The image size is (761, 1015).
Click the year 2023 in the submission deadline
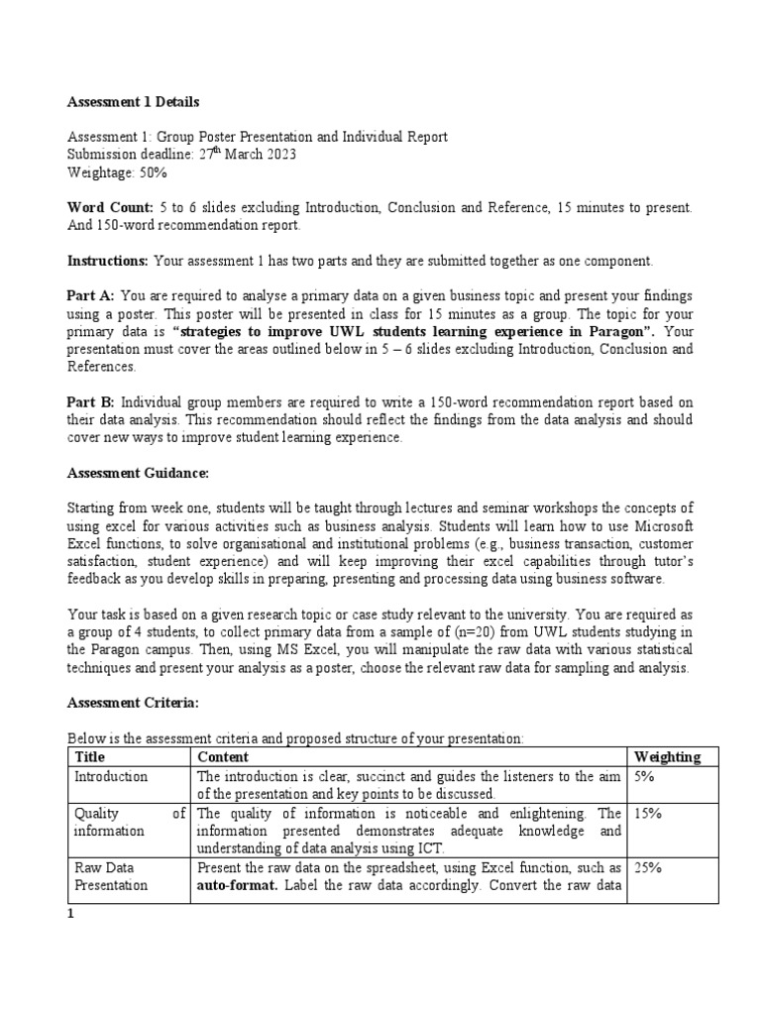click(x=277, y=155)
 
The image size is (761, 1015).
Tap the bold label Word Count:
click(x=110, y=208)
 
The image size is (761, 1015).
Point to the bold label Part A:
click(x=91, y=296)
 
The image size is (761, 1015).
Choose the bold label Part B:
click(x=91, y=402)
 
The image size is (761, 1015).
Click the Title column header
click(x=90, y=757)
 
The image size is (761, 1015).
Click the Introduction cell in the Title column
click(x=111, y=776)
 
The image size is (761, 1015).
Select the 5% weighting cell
click(x=644, y=776)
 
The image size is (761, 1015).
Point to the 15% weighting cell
click(x=647, y=814)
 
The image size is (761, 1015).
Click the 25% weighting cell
click(x=647, y=867)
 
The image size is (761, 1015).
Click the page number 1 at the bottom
click(x=70, y=915)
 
